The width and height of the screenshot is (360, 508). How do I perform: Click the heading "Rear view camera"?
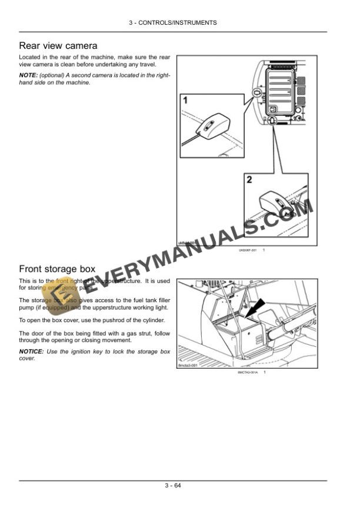[58, 45]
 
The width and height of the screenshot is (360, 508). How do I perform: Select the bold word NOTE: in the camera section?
[28, 75]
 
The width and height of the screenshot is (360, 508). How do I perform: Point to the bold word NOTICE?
[31, 351]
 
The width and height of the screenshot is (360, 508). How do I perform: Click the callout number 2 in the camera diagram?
[249, 180]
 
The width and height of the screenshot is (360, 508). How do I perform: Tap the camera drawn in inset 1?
[208, 125]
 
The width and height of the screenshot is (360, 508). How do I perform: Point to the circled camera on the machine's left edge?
[256, 93]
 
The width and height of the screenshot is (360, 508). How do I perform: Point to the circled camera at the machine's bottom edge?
[273, 121]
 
